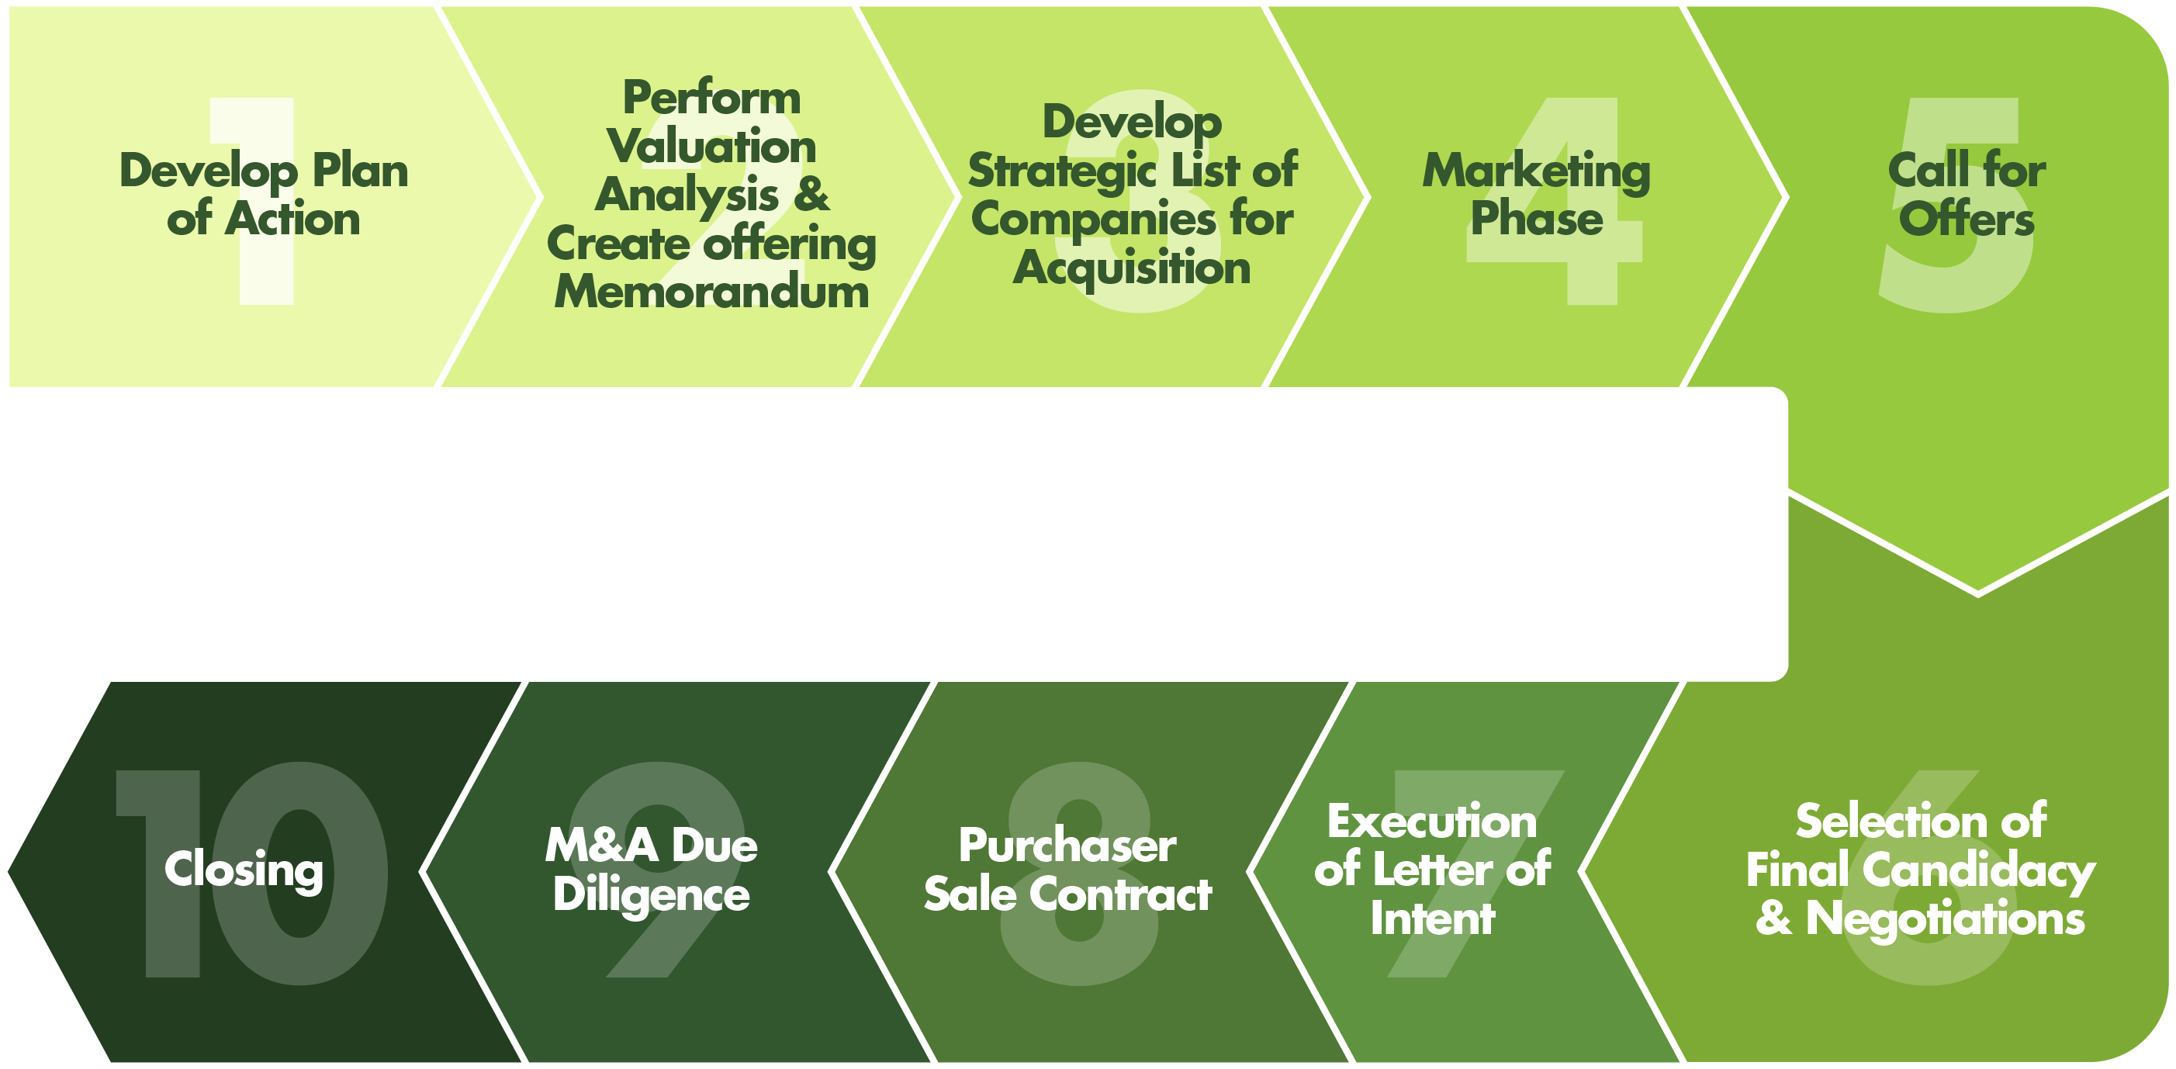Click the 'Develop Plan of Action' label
(264, 195)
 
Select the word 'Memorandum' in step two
(711, 292)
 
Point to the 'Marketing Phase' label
(1537, 195)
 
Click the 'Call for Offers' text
(1967, 195)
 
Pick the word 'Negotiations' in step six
(1945, 918)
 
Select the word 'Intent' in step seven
(1433, 918)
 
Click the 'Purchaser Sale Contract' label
(1067, 870)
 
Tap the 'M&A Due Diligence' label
(652, 870)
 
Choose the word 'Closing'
(244, 870)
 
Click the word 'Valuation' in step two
(711, 146)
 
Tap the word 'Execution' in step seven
(1432, 822)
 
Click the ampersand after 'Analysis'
(811, 194)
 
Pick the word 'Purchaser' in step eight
(1067, 846)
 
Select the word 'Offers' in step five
(1967, 219)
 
